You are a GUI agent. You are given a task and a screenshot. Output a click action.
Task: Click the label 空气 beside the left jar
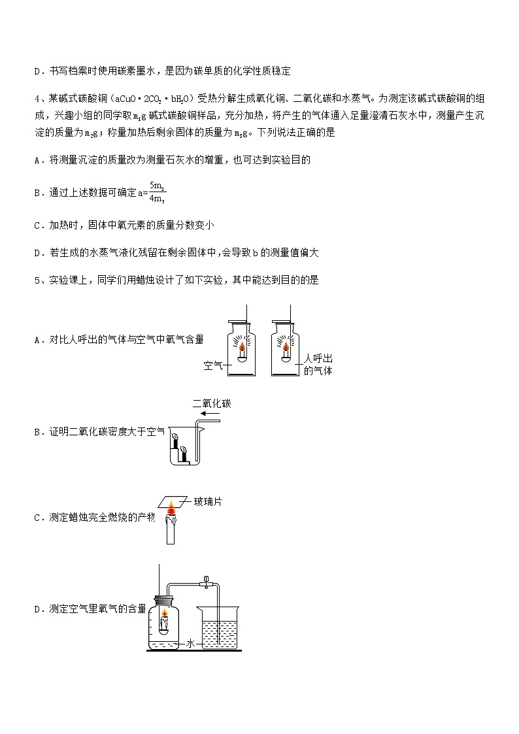coord(213,365)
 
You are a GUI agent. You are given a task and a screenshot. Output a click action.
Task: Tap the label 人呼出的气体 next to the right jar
coord(319,365)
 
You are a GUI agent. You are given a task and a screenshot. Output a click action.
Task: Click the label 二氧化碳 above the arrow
coord(211,405)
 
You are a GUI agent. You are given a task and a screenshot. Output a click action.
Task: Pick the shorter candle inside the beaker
coord(184,454)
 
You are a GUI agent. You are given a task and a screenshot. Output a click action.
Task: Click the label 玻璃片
coord(207,501)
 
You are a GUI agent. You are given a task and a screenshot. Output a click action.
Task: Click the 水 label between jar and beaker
coord(190,644)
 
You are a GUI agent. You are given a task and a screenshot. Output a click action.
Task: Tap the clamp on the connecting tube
coord(205,580)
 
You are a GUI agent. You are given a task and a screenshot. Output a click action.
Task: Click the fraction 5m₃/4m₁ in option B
coord(156,192)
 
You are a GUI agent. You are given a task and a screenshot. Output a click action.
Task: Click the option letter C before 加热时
coord(37,225)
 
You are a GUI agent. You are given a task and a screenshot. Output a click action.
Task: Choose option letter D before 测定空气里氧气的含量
coord(37,609)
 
